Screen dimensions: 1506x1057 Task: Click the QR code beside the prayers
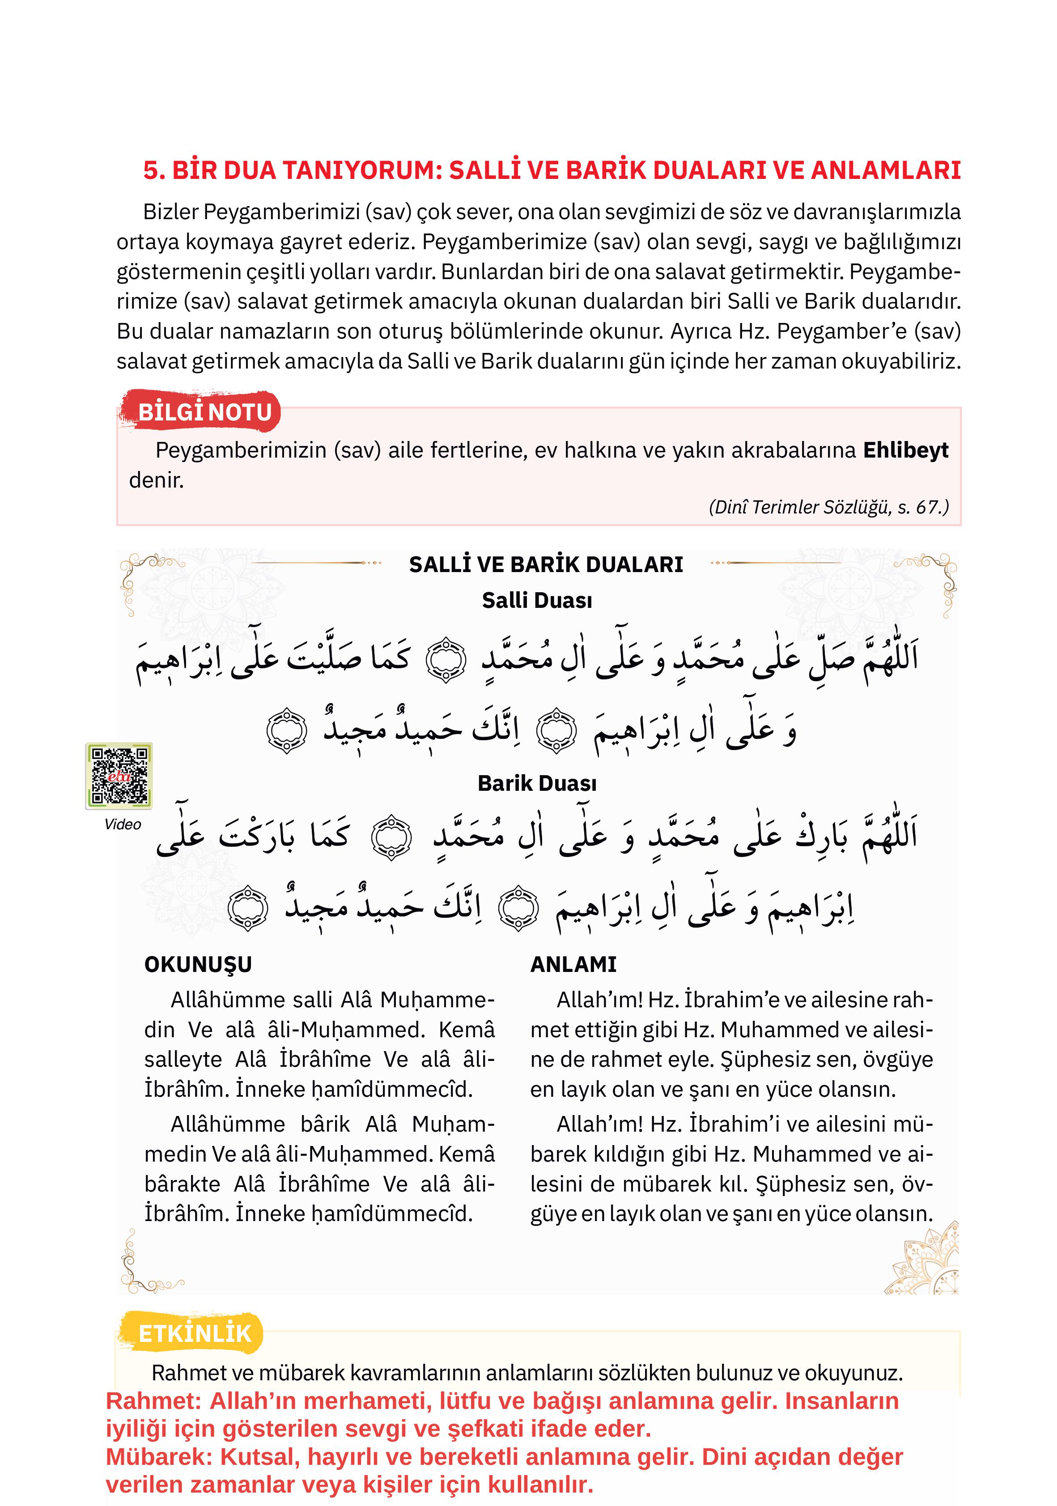[119, 776]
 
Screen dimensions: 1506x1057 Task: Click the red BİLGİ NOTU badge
[204, 412]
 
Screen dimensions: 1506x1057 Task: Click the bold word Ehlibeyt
[905, 450]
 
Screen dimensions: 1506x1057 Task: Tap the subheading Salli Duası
[537, 601]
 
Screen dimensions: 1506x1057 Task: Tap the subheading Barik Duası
[537, 784]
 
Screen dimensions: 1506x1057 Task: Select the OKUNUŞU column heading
[198, 965]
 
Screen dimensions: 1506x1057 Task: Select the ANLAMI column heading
[573, 965]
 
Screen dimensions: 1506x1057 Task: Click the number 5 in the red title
[151, 170]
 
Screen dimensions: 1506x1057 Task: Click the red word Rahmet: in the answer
[153, 1401]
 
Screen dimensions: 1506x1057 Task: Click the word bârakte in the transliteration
[183, 1184]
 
